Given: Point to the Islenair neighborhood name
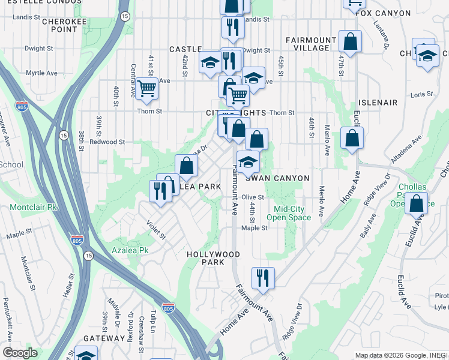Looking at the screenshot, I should pyautogui.click(x=378, y=103).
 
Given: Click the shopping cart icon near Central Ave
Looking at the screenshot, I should pyautogui.click(x=146, y=89).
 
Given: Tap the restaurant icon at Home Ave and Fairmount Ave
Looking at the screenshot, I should pyautogui.click(x=263, y=278).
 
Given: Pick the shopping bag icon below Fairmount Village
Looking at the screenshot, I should pyautogui.click(x=350, y=42).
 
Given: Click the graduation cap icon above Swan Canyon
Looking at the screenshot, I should pyautogui.click(x=248, y=161).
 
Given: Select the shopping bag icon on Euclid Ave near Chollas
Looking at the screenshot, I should pyautogui.click(x=415, y=204).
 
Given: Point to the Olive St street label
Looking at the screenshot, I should pyautogui.click(x=253, y=197).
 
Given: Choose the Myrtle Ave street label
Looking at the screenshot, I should pyautogui.click(x=41, y=73).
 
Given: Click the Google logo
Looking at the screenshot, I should pyautogui.click(x=20, y=353).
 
